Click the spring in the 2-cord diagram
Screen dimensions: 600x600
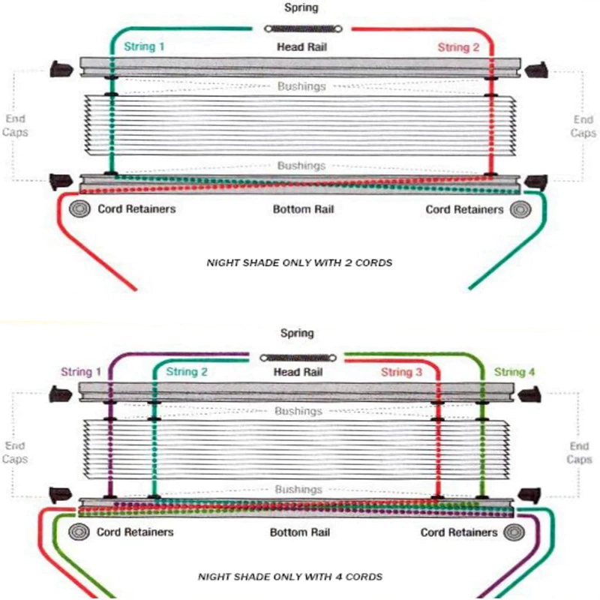tap(303, 28)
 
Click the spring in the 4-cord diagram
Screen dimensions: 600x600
tap(298, 358)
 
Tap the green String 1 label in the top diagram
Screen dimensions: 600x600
tap(144, 46)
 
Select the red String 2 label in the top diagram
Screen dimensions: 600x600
tap(458, 47)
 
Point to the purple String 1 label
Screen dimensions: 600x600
tap(81, 371)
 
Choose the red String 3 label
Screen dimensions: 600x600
tap(401, 372)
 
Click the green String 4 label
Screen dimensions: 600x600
tap(514, 371)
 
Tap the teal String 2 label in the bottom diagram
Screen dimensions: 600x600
tap(187, 371)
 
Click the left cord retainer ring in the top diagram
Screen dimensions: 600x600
tap(80, 209)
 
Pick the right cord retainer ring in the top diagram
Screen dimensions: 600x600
tap(520, 209)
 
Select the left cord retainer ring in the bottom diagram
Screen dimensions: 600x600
tap(79, 532)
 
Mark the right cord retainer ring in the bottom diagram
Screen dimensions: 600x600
tap(514, 532)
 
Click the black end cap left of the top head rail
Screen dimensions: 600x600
tap(61, 69)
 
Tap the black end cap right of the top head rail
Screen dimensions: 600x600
tap(536, 70)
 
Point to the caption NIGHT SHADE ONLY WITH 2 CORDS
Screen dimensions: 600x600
tap(299, 263)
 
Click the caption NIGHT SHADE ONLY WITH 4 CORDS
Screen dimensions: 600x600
tap(290, 577)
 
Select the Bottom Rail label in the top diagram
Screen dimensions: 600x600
tap(304, 209)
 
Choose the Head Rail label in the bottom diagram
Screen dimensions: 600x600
tap(298, 372)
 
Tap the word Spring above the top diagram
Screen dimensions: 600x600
tap(301, 7)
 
